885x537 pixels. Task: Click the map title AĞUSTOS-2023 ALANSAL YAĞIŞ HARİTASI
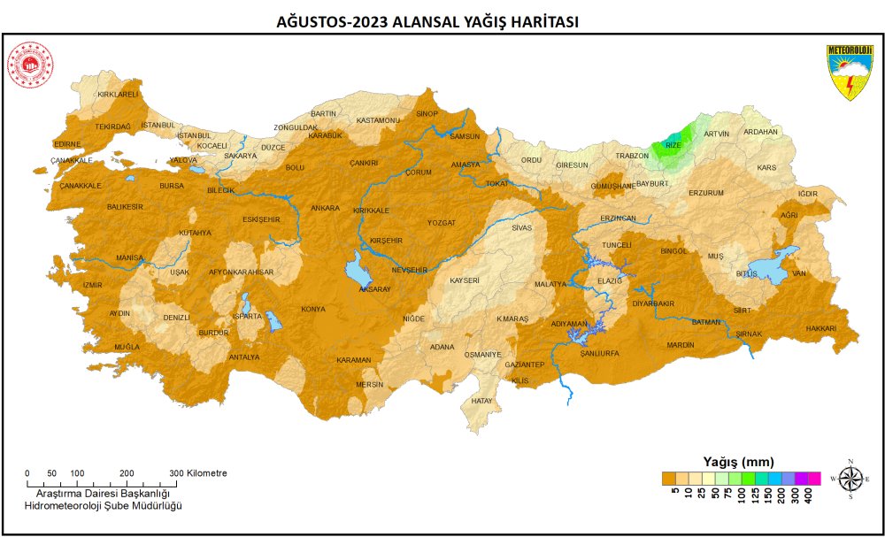(428, 22)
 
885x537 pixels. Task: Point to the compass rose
(850, 478)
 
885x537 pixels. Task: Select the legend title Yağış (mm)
(738, 461)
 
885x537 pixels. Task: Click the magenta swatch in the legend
(814, 479)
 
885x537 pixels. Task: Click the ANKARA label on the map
(325, 208)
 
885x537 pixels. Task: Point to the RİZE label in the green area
(673, 144)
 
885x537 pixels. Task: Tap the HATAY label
(481, 401)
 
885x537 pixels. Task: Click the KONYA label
(313, 309)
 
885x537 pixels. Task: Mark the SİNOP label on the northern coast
(427, 113)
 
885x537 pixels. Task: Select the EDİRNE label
(67, 143)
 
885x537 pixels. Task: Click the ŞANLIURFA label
(599, 352)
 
